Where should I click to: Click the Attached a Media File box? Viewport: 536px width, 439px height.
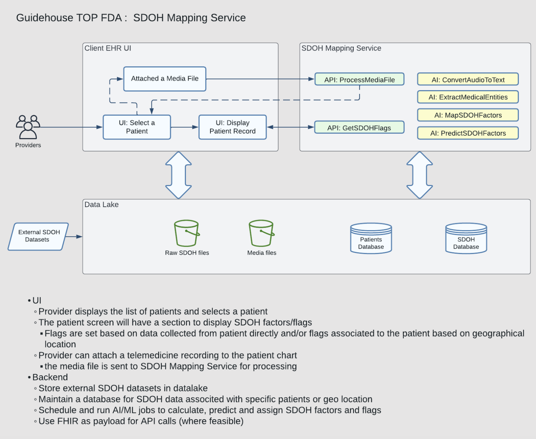click(164, 79)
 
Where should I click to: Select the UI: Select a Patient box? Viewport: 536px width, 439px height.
click(137, 127)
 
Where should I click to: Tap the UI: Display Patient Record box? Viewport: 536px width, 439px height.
click(232, 127)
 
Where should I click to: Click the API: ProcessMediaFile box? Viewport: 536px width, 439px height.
click(359, 79)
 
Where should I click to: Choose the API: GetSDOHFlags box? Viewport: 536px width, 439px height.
click(359, 128)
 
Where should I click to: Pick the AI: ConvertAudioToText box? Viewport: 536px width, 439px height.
click(468, 79)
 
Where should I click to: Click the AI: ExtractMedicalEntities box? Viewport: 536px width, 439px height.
click(468, 97)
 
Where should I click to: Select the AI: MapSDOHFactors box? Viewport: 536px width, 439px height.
click(468, 115)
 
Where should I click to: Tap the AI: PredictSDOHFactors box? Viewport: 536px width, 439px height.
click(468, 133)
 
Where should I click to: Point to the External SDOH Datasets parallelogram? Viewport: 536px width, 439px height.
click(38, 236)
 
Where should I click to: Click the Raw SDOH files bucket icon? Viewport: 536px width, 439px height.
click(187, 233)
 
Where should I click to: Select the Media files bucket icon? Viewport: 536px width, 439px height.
click(261, 233)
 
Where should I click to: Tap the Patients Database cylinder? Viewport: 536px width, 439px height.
click(371, 238)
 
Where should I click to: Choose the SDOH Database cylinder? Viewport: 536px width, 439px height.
click(466, 238)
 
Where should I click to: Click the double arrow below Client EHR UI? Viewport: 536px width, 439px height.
click(179, 175)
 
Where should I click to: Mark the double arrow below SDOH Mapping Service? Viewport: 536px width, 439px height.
click(419, 175)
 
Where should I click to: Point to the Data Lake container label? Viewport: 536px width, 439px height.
click(102, 204)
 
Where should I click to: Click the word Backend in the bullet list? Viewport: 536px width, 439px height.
click(50, 377)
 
